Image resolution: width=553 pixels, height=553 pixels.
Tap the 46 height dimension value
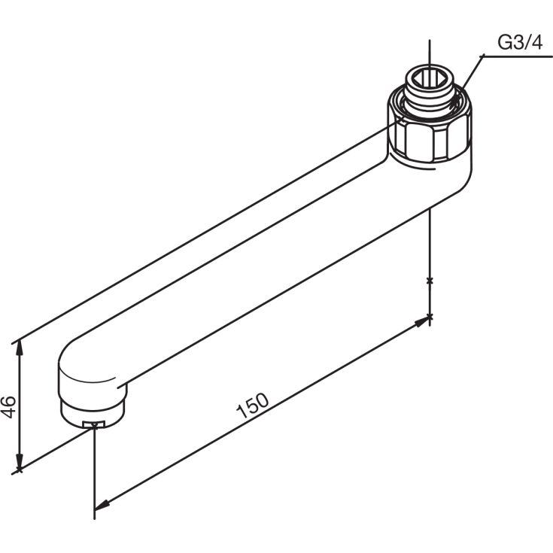coord(10,406)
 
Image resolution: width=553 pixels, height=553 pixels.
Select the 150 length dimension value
coord(252,407)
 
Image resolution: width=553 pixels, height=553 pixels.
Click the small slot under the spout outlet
coord(93,426)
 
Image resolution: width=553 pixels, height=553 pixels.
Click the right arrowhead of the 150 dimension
coord(424,321)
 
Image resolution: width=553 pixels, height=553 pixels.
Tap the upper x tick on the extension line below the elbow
coord(430,281)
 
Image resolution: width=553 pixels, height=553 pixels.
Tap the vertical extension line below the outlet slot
coord(95,474)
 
